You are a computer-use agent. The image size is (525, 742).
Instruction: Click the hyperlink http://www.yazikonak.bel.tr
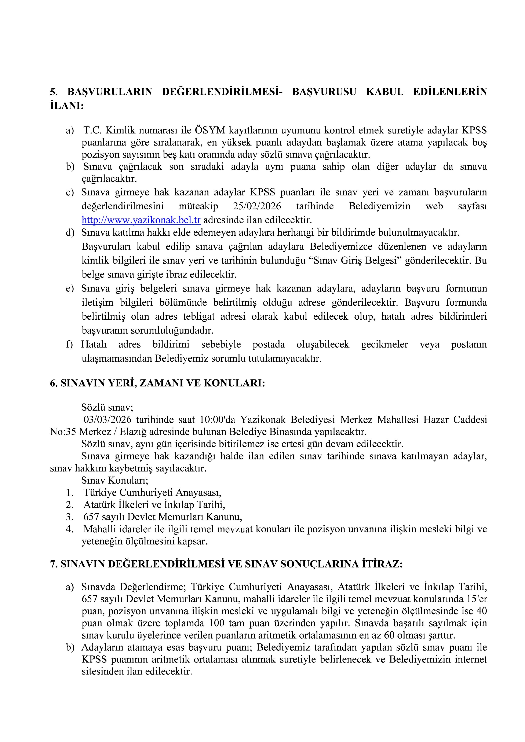(x=141, y=220)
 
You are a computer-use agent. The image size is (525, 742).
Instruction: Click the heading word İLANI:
(x=67, y=106)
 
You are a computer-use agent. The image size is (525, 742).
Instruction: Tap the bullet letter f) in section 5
(x=69, y=345)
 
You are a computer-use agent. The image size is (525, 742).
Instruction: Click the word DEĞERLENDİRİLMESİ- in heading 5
(x=222, y=92)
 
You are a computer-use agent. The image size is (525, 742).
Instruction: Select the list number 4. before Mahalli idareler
(x=69, y=529)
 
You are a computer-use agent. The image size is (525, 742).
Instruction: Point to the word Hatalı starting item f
(x=94, y=345)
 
